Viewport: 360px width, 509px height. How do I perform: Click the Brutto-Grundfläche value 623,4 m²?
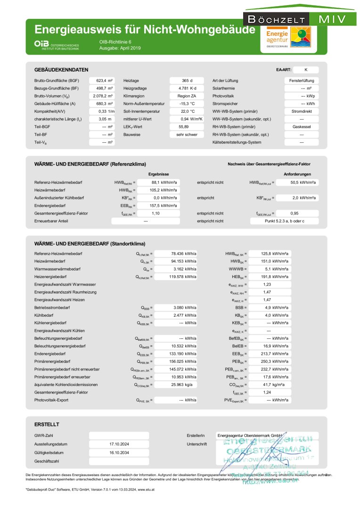[x=102, y=81]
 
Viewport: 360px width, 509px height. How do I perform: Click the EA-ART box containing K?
[x=306, y=69]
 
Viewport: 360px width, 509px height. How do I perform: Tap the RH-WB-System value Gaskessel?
[x=302, y=126]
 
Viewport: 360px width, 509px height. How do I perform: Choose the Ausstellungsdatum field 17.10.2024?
[x=115, y=444]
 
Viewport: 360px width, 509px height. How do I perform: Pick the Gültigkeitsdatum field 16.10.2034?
[x=115, y=452]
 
